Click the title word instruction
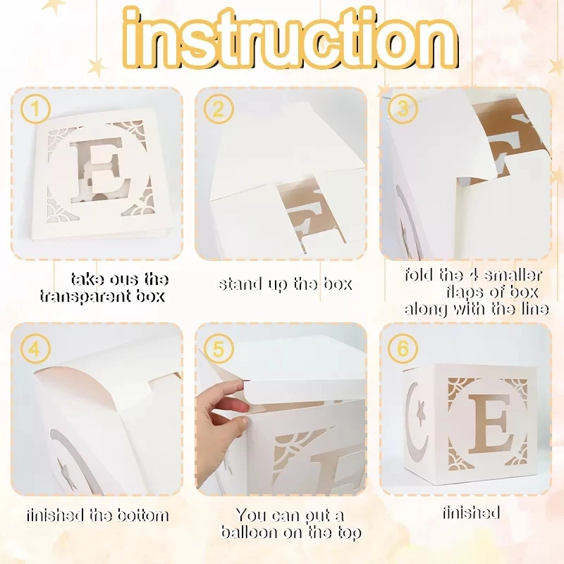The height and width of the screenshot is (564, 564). (290, 39)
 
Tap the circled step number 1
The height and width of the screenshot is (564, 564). (35, 109)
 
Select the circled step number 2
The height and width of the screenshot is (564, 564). (219, 109)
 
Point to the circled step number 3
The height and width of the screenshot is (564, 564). (403, 109)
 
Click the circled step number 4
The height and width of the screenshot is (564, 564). (35, 348)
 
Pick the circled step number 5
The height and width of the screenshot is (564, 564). (219, 348)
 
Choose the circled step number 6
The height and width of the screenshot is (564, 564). (403, 348)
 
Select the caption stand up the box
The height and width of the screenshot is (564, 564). (286, 284)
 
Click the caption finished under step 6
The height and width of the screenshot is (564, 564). (471, 513)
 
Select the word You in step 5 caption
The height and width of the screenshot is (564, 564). (251, 515)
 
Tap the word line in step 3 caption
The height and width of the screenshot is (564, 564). (534, 309)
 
